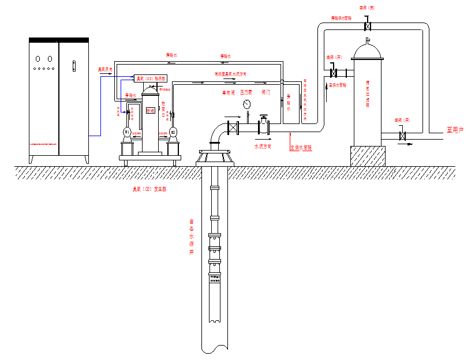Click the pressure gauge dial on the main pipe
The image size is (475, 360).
pyautogui.click(x=247, y=104)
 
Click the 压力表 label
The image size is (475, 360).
pyautogui.click(x=246, y=92)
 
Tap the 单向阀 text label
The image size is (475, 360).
pyautogui.click(x=229, y=92)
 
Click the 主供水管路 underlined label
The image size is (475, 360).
pyautogui.click(x=301, y=147)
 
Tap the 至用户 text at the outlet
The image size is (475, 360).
pyautogui.click(x=455, y=130)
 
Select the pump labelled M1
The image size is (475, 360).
pyautogui.click(x=128, y=133)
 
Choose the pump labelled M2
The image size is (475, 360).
pyautogui.click(x=172, y=133)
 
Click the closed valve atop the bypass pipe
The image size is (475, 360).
pyautogui.click(x=367, y=26)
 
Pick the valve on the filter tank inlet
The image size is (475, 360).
pyautogui.click(x=334, y=73)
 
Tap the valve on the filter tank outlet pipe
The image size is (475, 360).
pyautogui.click(x=402, y=136)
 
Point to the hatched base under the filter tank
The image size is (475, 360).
pyautogui.click(x=368, y=156)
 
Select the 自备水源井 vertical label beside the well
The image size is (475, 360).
pyautogui.click(x=192, y=237)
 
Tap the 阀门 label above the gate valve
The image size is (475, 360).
pyautogui.click(x=266, y=92)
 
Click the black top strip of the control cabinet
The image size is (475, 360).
pyautogui.click(x=59, y=40)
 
